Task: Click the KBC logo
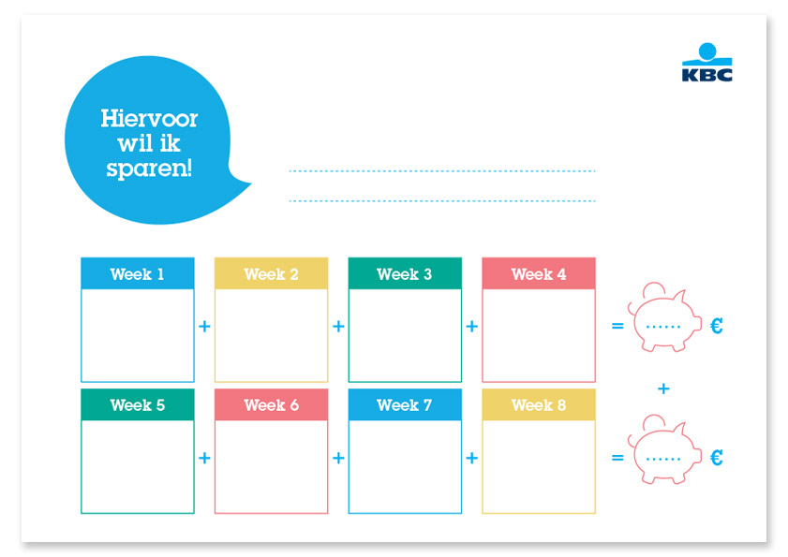coord(706,63)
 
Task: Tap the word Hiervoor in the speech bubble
coord(149,119)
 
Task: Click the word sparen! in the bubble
coord(149,169)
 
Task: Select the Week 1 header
coord(138,273)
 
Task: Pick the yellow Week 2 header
coord(272,273)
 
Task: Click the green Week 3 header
coord(405,273)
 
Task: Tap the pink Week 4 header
coord(539,273)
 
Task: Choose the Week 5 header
coord(138,404)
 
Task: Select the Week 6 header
coord(272,404)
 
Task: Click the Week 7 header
coord(405,404)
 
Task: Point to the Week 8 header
coord(539,404)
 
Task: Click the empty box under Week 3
coord(405,335)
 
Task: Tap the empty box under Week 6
coord(272,466)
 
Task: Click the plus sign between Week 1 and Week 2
coord(204,327)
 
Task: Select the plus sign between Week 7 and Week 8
coord(472,458)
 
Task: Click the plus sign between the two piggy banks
coord(663,388)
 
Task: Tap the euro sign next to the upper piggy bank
coord(717,326)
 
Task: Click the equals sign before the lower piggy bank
coord(617,458)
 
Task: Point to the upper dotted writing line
coord(442,171)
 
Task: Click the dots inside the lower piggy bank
coord(662,459)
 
